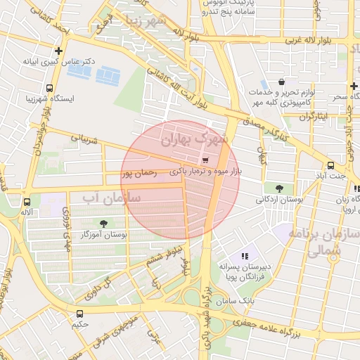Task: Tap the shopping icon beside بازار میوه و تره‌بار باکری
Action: (x=205, y=160)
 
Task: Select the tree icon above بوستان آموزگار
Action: (x=104, y=223)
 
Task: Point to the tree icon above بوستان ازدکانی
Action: (x=280, y=188)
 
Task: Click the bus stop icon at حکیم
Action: (x=79, y=314)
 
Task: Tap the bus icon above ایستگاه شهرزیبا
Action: (x=49, y=88)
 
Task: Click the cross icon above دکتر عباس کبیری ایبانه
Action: (x=58, y=51)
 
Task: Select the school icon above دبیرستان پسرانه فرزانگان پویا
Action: (x=245, y=257)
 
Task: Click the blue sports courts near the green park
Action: (x=96, y=72)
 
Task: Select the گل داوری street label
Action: (x=98, y=289)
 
